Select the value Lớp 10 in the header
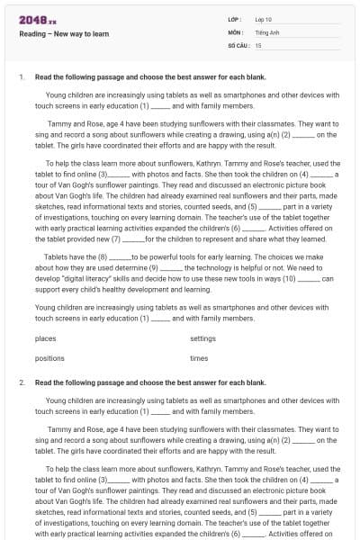[x=264, y=19]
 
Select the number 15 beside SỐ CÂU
[x=258, y=44]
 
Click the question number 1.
[x=21, y=77]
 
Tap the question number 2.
[x=21, y=382]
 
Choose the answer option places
[x=45, y=339]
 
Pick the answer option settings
[x=202, y=339]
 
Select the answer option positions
[x=49, y=358]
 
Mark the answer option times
[x=199, y=358]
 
